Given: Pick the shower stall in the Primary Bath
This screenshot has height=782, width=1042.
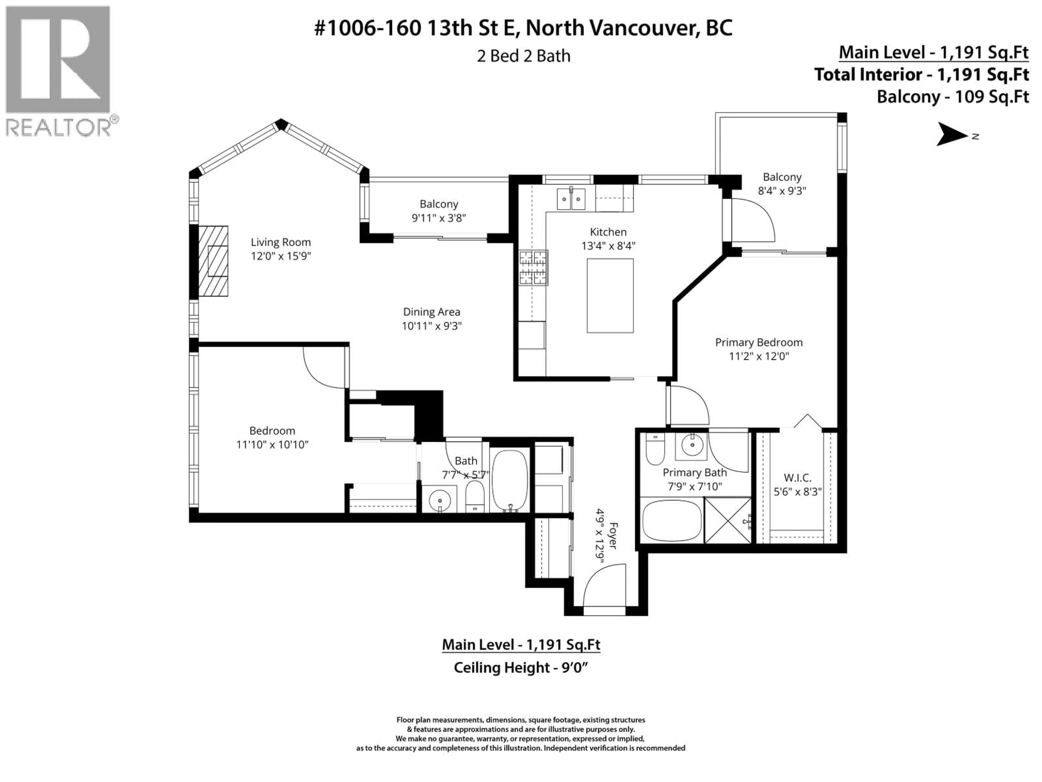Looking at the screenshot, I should (727, 520).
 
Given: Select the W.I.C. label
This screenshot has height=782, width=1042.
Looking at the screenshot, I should (797, 478).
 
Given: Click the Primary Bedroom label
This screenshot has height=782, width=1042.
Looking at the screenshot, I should (758, 343).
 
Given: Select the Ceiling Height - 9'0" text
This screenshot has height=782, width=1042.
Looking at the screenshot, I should (521, 668).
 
